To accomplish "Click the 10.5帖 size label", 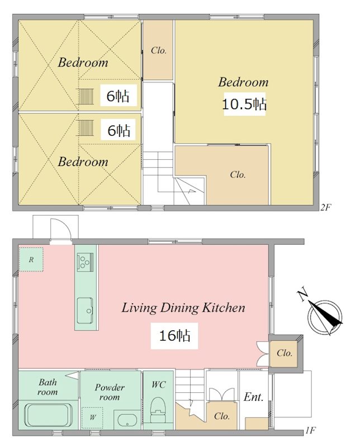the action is pos(244,104).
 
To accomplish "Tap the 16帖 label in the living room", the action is pos(174,336).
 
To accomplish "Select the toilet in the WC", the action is pos(158,410).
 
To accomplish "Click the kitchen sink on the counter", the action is pos(85,311).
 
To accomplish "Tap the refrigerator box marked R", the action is pos(31,259).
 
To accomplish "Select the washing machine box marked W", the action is pos(93,417).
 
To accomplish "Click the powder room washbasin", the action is pos(127,420).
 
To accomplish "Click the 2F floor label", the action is pos(325,207).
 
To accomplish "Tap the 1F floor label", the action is pos(310,430).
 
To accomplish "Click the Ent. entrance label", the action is pos(253,397).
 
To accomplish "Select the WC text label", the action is pos(158,384).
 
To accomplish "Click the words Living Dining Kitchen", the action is pos(183,308).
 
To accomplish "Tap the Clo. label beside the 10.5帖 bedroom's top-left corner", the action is pos(159,50).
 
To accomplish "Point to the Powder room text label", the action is pos(110,392).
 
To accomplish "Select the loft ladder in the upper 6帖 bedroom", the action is pos(86,97).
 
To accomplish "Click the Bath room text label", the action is pos(48,387).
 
